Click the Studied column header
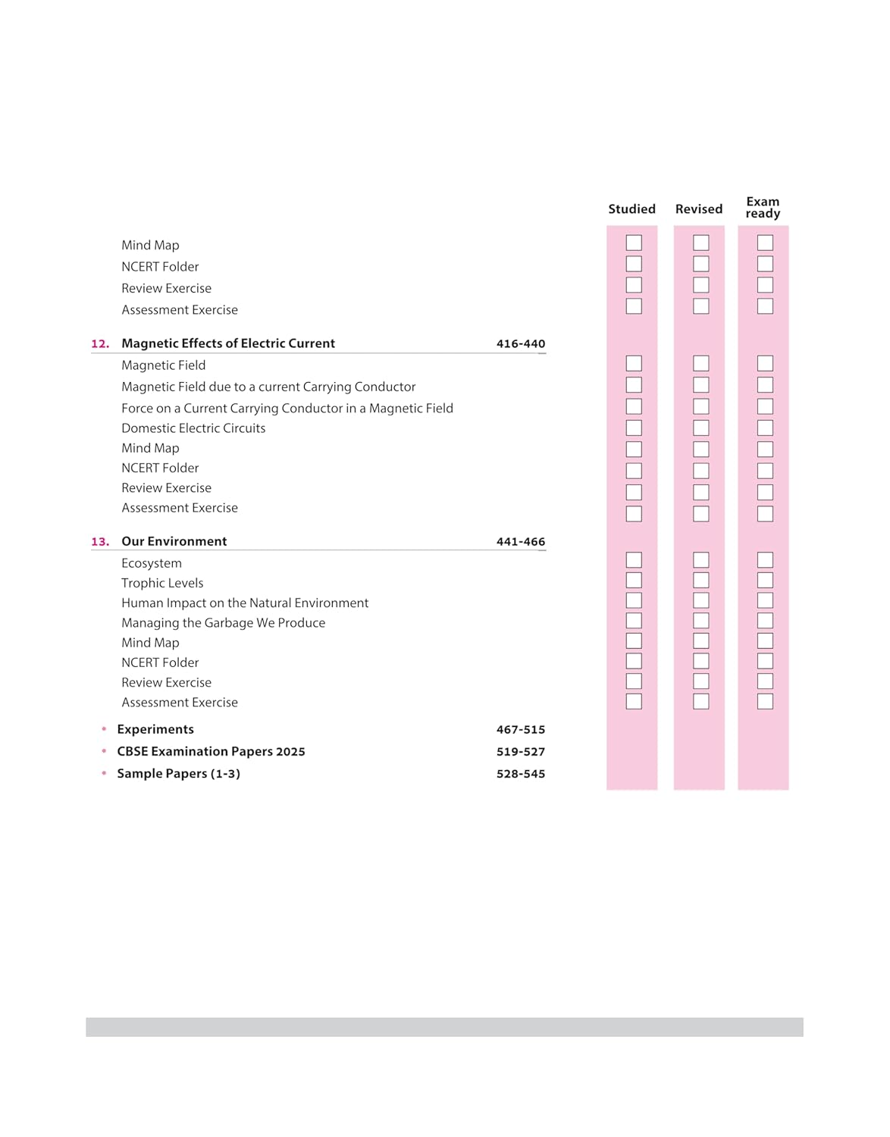pyautogui.click(x=631, y=209)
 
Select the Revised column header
pyautogui.click(x=698, y=209)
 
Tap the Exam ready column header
pyautogui.click(x=763, y=208)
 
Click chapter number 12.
pyautogui.click(x=100, y=344)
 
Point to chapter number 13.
pyautogui.click(x=100, y=542)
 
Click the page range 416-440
pyautogui.click(x=520, y=344)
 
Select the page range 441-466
pyautogui.click(x=520, y=542)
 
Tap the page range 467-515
pyautogui.click(x=520, y=730)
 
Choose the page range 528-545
pyautogui.click(x=520, y=774)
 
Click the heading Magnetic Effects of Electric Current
pyautogui.click(x=228, y=343)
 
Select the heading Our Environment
pyautogui.click(x=174, y=541)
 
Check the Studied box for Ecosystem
pyautogui.click(x=634, y=560)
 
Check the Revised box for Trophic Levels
pyautogui.click(x=701, y=581)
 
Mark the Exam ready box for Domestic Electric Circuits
pyautogui.click(x=765, y=428)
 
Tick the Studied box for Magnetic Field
pyautogui.click(x=634, y=364)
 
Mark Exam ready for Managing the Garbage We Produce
pyautogui.click(x=765, y=621)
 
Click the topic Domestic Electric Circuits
pyautogui.click(x=193, y=428)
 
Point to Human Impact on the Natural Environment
pyautogui.click(x=245, y=603)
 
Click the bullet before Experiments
pyautogui.click(x=104, y=729)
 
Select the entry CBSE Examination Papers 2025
pyautogui.click(x=211, y=751)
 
